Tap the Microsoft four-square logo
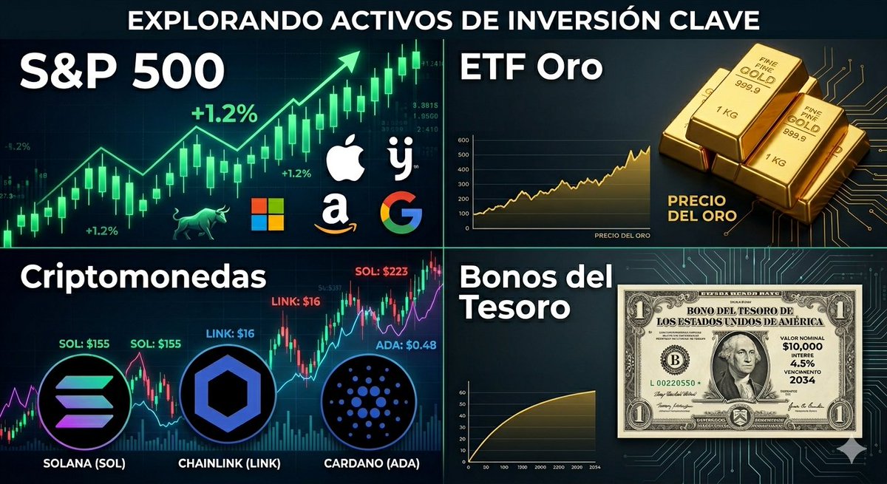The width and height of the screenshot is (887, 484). (x=267, y=214)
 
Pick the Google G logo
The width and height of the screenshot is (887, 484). (x=401, y=212)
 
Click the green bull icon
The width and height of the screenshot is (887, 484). (x=197, y=222)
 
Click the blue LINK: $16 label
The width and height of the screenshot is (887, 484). (x=228, y=334)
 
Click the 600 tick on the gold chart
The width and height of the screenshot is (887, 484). (x=464, y=140)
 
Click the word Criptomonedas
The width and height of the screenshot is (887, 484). (x=143, y=278)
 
